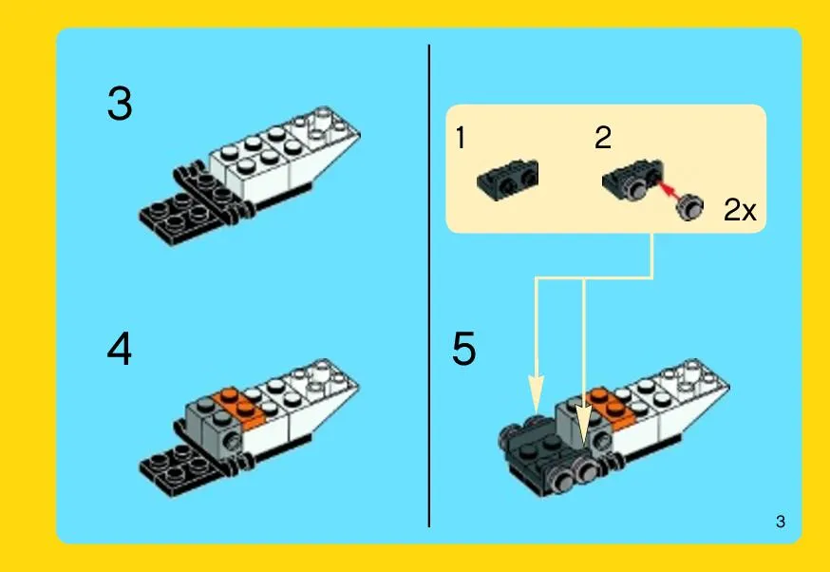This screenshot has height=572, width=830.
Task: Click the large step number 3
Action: pyautogui.click(x=120, y=104)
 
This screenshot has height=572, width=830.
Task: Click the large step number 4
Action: pyautogui.click(x=119, y=349)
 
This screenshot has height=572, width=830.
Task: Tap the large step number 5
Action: pyautogui.click(x=463, y=349)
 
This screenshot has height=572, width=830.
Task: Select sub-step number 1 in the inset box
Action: pyautogui.click(x=461, y=138)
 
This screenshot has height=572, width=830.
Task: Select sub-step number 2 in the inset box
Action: pyautogui.click(x=603, y=138)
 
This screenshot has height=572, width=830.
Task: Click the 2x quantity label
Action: pyautogui.click(x=740, y=210)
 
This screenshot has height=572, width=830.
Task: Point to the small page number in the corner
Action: pyautogui.click(x=781, y=522)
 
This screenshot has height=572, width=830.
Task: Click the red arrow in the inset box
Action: pyautogui.click(x=669, y=190)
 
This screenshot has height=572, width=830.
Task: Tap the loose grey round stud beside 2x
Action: pyautogui.click(x=690, y=206)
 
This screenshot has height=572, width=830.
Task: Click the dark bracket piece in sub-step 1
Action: pyautogui.click(x=508, y=181)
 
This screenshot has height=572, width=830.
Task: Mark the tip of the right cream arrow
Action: pyautogui.click(x=584, y=443)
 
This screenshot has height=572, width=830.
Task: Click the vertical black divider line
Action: pyautogui.click(x=428, y=286)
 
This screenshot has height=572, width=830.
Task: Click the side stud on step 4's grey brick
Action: pyautogui.click(x=233, y=439)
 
